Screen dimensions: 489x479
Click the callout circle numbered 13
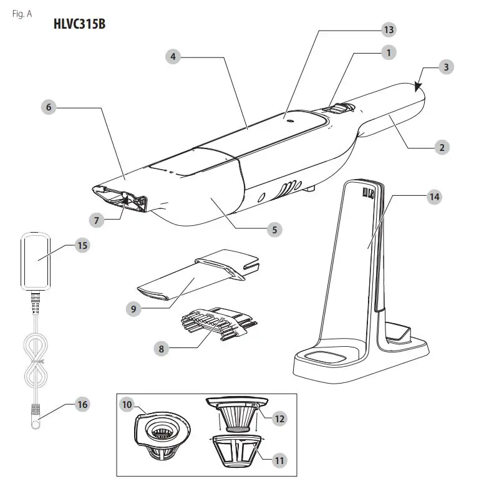point(389,29)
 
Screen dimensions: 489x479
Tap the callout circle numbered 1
point(389,53)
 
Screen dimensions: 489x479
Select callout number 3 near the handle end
point(444,68)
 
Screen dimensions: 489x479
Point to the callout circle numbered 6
point(49,107)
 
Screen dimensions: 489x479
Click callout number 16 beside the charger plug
point(81,405)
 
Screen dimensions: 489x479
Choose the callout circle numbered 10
point(127,404)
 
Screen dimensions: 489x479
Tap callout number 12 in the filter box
point(279,419)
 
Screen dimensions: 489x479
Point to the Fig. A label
point(22,14)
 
